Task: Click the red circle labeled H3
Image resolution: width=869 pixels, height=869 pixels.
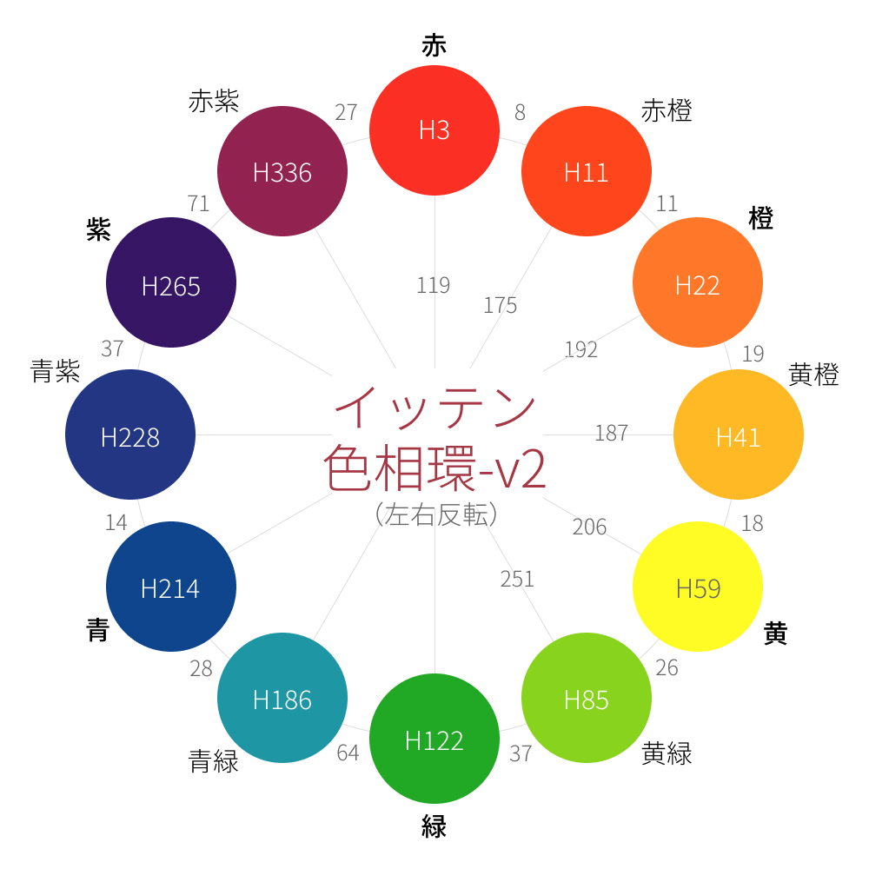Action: click(434, 130)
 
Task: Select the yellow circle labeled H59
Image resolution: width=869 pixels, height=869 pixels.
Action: click(698, 587)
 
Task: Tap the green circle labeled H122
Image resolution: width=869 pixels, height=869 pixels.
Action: click(434, 739)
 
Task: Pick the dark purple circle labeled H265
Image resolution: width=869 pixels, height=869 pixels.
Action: click(171, 282)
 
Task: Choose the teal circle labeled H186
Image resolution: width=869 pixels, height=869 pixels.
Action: click(282, 698)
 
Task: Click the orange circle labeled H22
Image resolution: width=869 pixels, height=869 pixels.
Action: click(698, 282)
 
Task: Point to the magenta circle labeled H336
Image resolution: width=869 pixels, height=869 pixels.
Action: click(282, 171)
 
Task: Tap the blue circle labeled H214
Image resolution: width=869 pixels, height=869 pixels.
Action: click(171, 587)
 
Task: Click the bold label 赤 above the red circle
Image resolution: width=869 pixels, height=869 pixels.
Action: click(434, 46)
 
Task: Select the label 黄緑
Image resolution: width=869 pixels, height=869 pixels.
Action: click(667, 753)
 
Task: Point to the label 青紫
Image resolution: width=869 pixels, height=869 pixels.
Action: click(56, 373)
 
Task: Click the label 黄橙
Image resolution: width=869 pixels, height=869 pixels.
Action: click(813, 375)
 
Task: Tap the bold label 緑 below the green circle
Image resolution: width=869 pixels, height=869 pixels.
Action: click(434, 826)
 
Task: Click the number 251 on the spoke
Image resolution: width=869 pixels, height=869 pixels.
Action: click(517, 579)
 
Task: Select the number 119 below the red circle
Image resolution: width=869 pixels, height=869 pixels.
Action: click(434, 285)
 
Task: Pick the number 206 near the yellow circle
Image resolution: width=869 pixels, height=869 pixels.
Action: click(589, 527)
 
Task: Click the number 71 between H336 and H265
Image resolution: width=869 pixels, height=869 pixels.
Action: click(199, 203)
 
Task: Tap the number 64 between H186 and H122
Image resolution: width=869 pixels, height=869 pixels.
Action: click(348, 753)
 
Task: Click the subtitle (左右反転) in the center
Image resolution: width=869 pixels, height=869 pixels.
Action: click(435, 515)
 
